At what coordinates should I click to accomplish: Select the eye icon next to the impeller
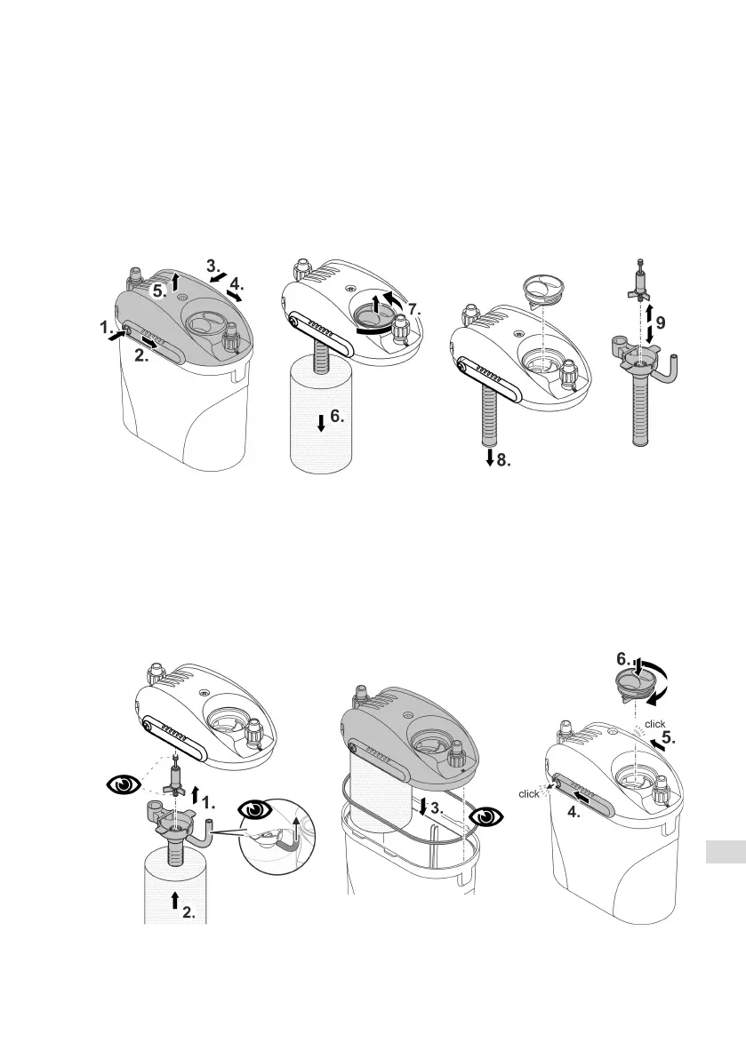122,784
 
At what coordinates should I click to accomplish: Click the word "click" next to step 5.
655,725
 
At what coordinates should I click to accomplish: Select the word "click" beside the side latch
528,793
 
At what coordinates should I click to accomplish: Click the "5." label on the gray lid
157,289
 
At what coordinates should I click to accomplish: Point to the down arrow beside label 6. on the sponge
320,426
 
